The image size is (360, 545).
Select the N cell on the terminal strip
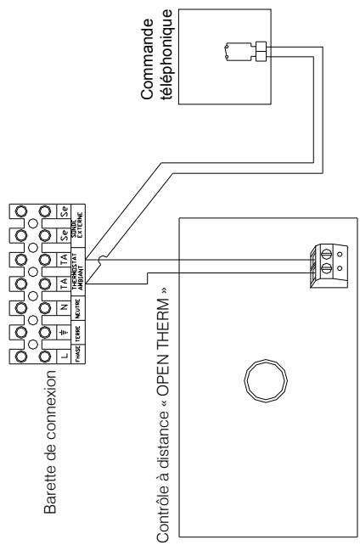coord(61,303)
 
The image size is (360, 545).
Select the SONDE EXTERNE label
coord(78,219)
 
